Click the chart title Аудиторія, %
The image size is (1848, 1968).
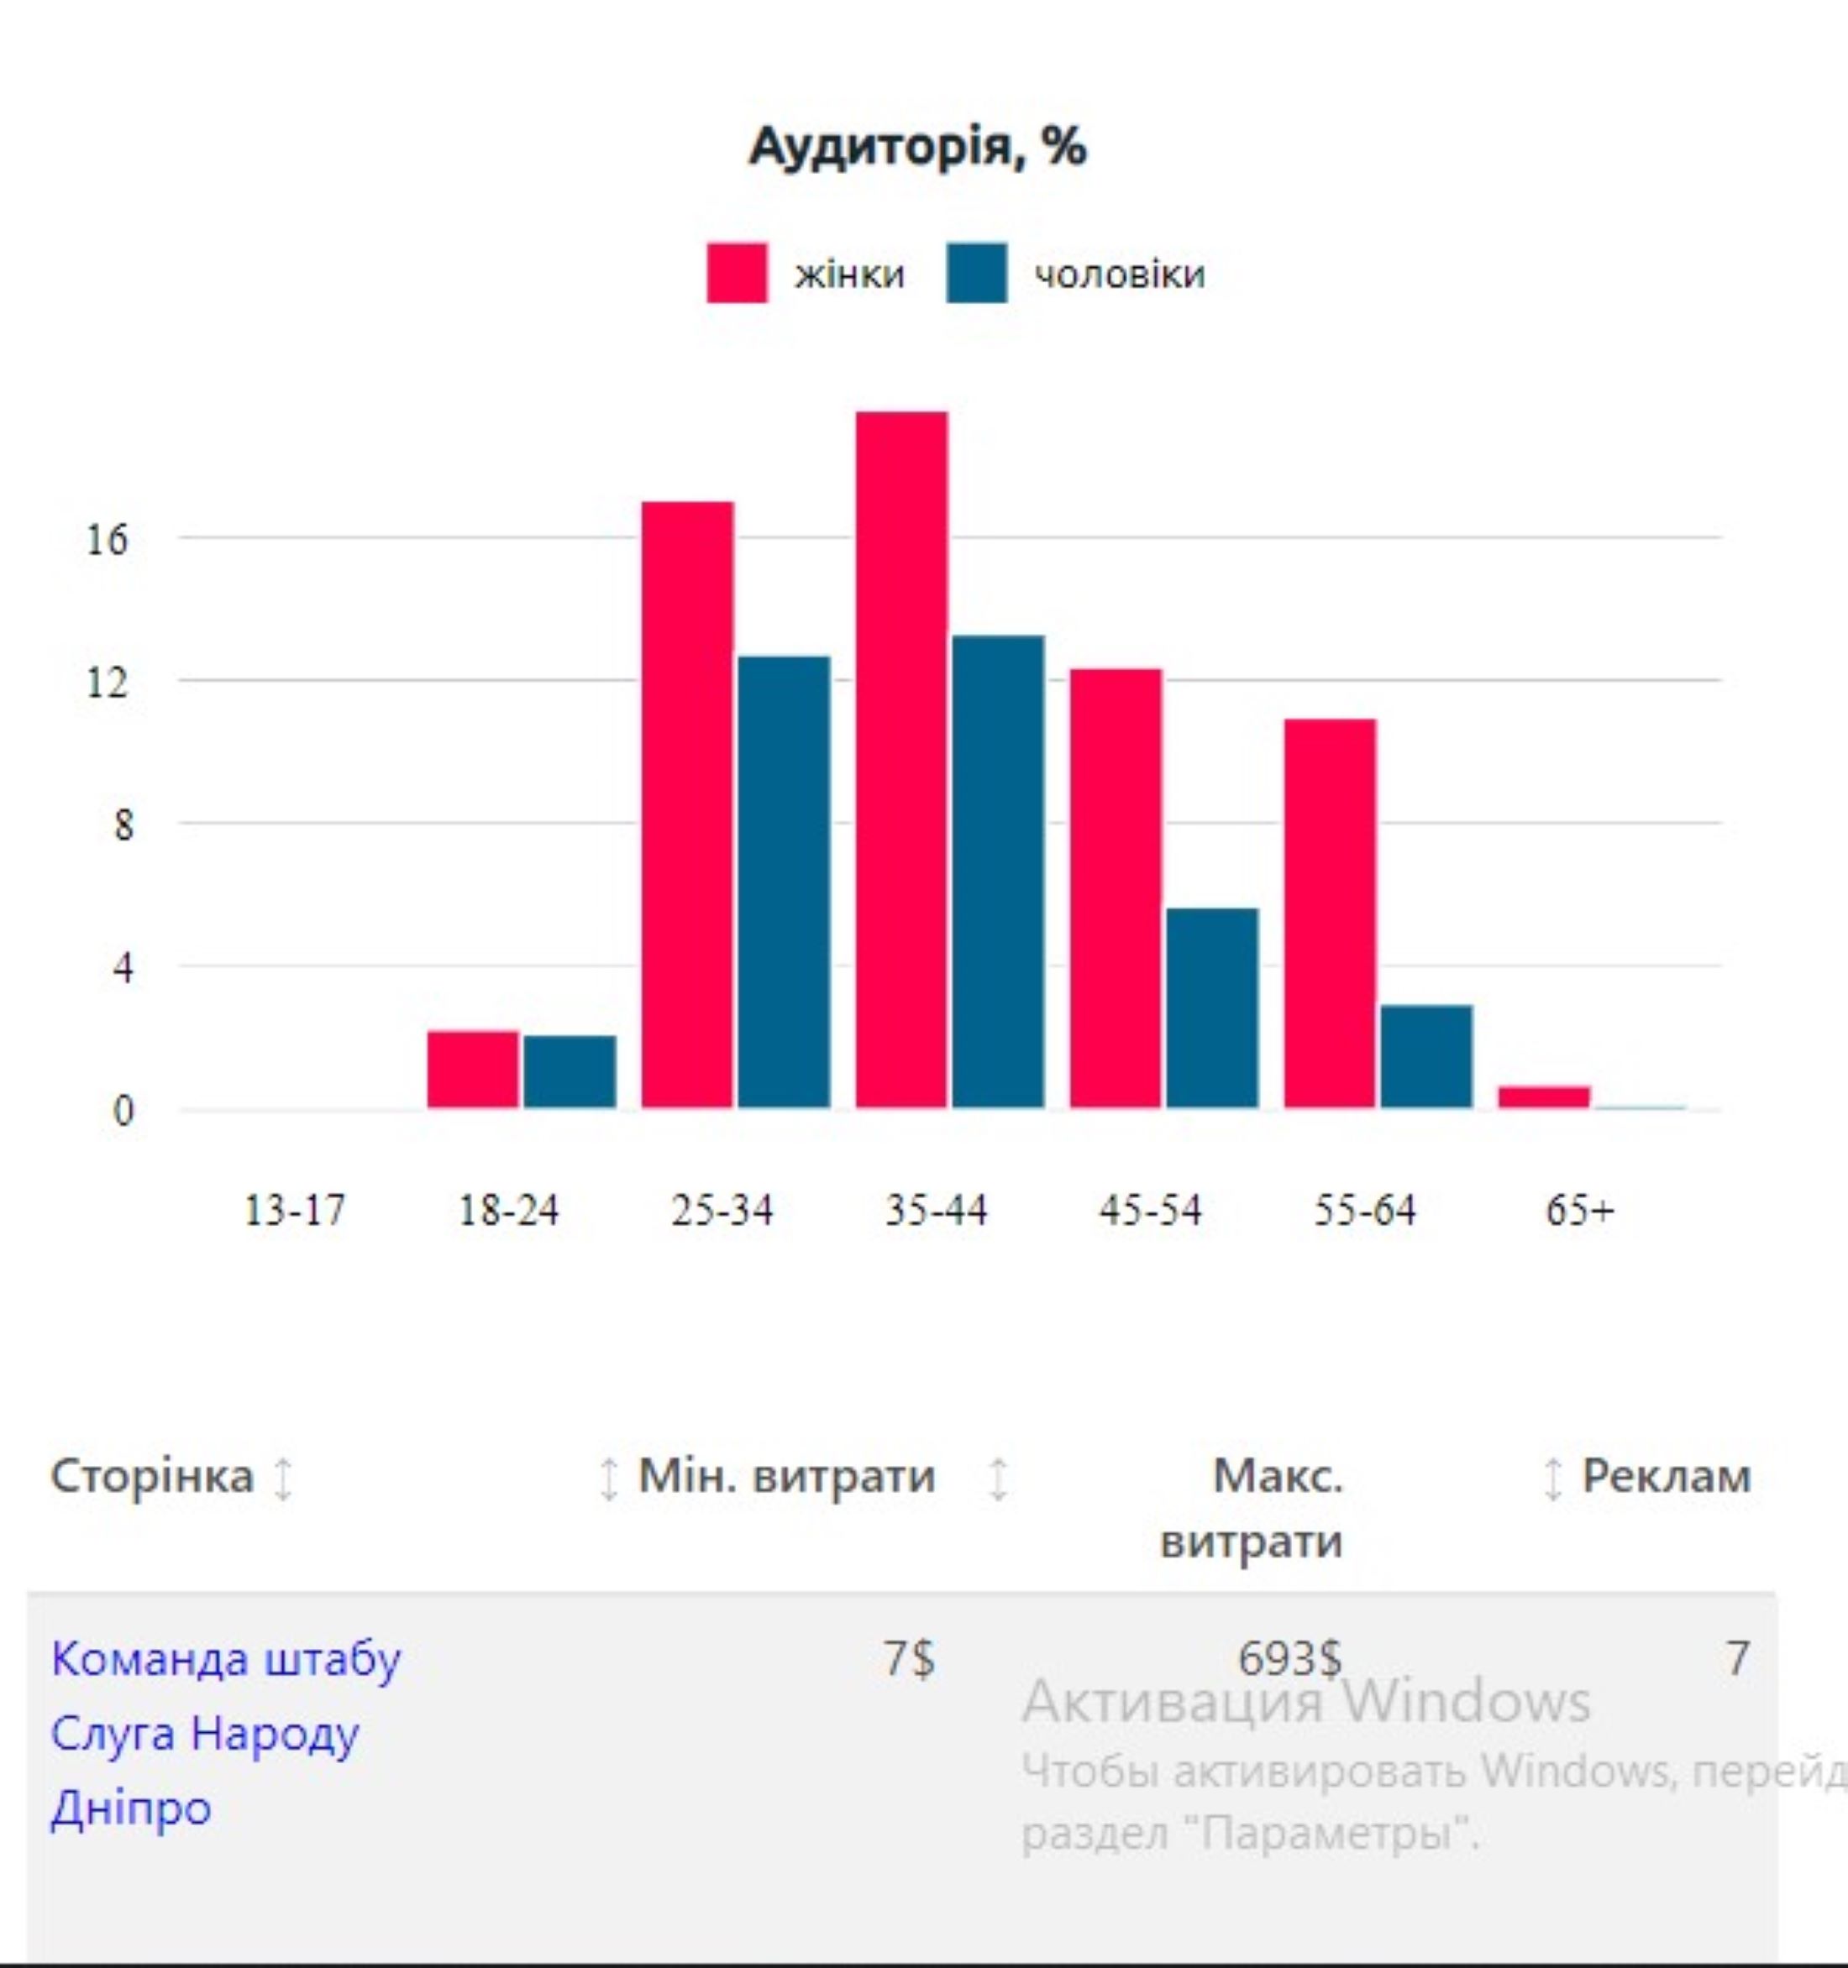tap(917, 148)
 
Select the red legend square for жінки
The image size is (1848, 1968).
tap(736, 272)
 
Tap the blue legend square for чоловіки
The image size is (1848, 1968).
tap(976, 272)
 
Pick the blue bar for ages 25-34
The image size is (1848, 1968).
tap(785, 881)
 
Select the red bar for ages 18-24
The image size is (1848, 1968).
tap(472, 1069)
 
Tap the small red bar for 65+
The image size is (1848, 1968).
tap(1544, 1097)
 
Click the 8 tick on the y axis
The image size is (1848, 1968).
tap(122, 824)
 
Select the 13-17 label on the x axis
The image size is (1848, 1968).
tap(294, 1211)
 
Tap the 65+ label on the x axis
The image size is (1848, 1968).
tap(1579, 1211)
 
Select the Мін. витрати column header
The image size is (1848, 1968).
tap(786, 1477)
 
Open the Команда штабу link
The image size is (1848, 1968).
tap(226, 1660)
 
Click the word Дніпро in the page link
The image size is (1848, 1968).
tap(131, 1808)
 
